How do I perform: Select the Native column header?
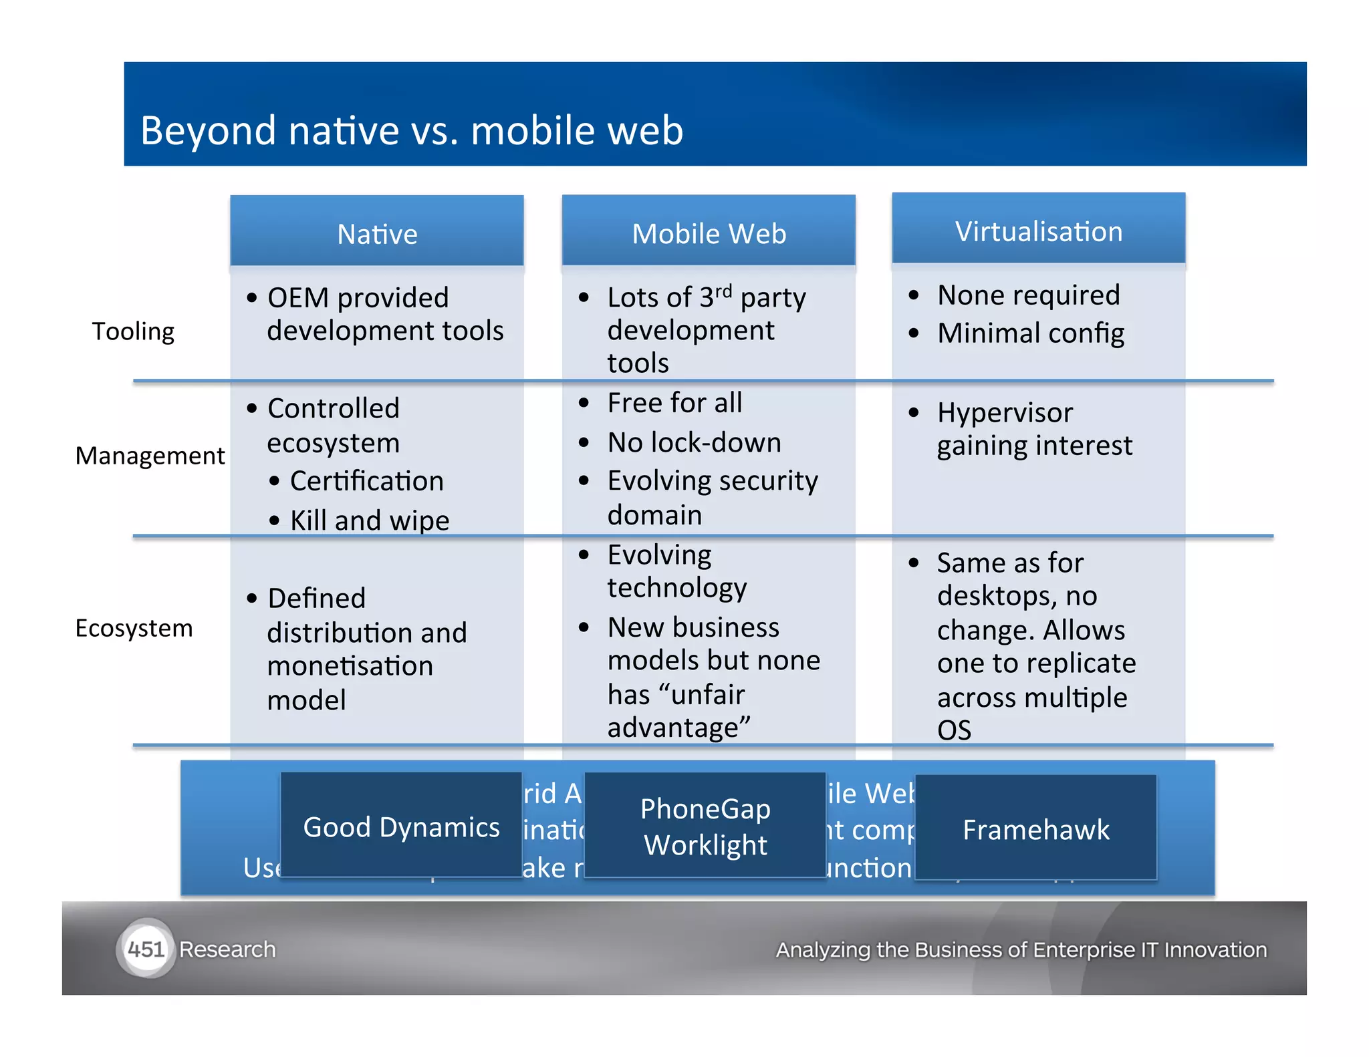pos(377,233)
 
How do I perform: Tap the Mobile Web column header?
pos(709,233)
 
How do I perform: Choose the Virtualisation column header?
pos(1038,231)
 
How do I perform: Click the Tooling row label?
pos(133,331)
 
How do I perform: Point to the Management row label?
pos(150,456)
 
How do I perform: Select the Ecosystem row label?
pos(134,628)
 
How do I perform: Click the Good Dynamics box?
pos(401,826)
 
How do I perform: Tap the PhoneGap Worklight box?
pos(705,826)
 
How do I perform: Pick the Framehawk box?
pos(1035,829)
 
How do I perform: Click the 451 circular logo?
pos(146,949)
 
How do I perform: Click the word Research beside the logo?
pos(227,949)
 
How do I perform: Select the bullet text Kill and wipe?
pos(369,520)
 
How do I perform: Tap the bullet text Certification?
pos(366,481)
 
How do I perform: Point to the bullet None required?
pos(1028,295)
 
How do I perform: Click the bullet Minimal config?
pos(1030,333)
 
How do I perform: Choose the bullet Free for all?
pos(674,403)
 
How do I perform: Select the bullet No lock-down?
pos(694,442)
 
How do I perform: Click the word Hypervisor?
pos(1005,412)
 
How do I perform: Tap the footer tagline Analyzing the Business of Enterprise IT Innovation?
pos(1021,949)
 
